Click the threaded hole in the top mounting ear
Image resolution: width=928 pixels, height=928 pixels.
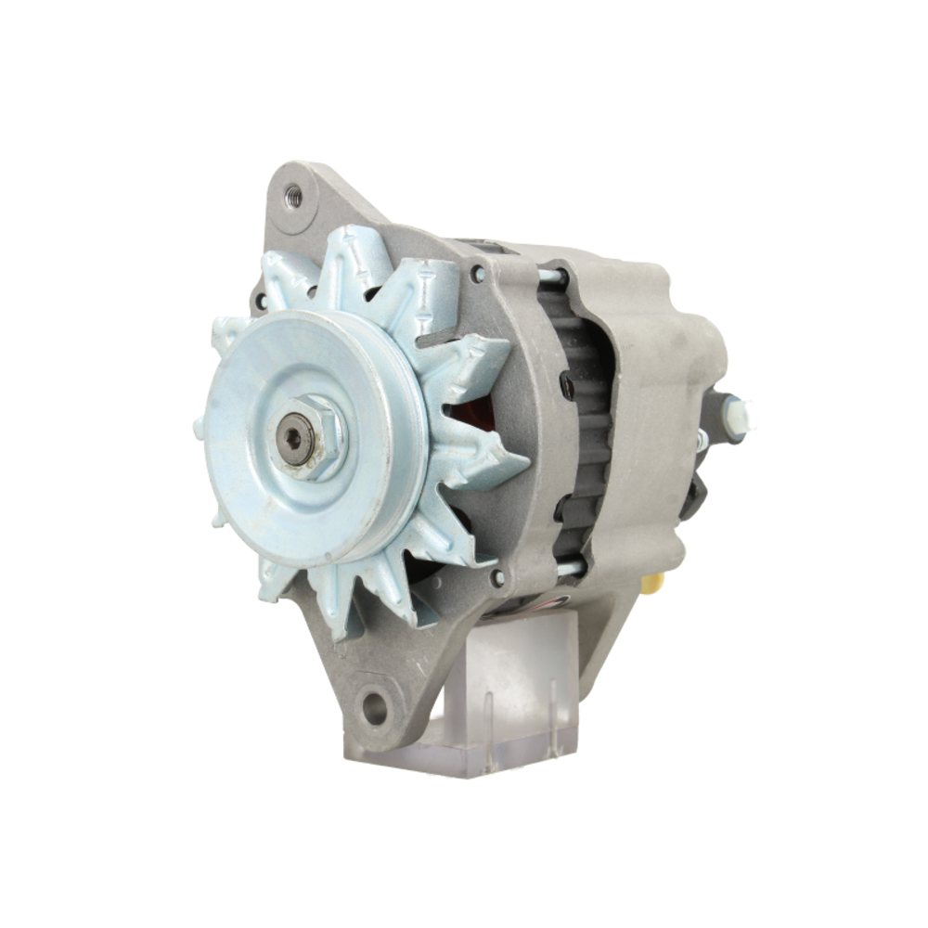293,196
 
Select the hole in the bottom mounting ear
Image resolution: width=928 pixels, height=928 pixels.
374,708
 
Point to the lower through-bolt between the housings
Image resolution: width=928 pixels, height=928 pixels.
568,565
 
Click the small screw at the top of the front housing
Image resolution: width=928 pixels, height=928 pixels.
477,274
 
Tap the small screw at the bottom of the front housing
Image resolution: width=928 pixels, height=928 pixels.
498,577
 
